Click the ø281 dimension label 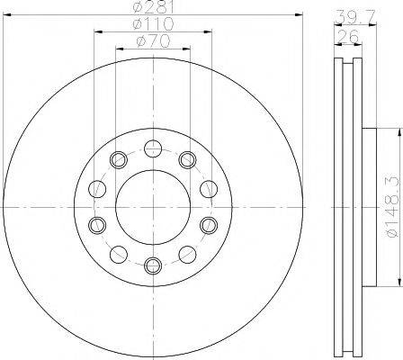pos(153,6)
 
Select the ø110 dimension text pos(153,24)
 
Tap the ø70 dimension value pos(153,41)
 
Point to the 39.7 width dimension pos(354,17)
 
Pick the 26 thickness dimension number pos(348,37)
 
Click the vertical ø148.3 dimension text pos(393,207)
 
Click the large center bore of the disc pos(153,207)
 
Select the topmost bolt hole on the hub pos(153,148)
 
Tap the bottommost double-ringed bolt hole pos(153,265)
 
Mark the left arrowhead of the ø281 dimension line pos(6,14)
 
